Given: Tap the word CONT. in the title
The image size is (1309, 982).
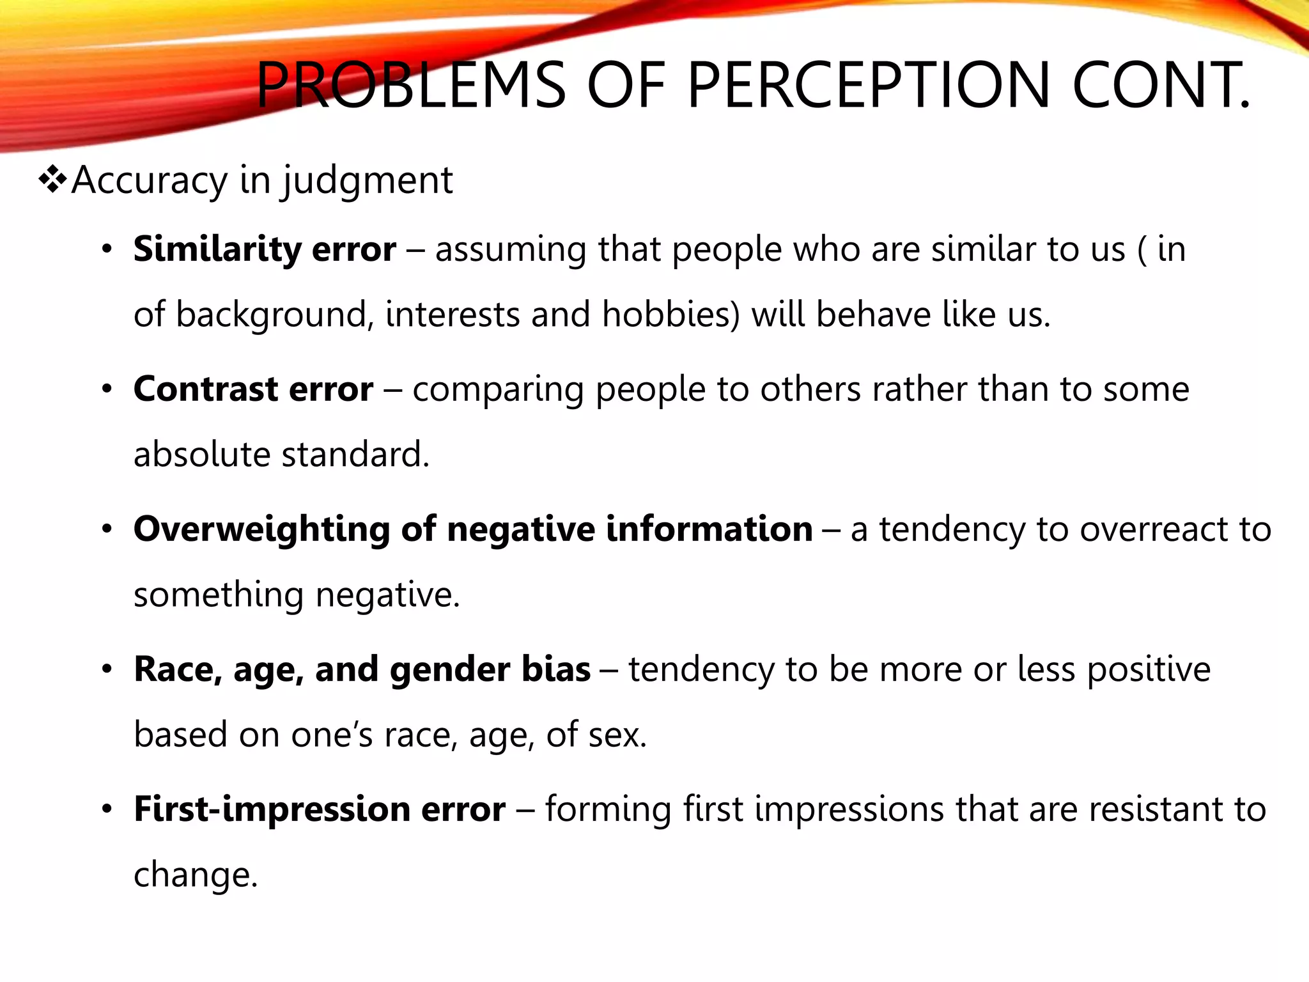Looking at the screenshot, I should pyautogui.click(x=1161, y=85).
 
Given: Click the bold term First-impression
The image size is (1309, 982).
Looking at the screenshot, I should pyautogui.click(x=272, y=809).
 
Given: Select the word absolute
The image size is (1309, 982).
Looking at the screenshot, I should pyautogui.click(x=202, y=455).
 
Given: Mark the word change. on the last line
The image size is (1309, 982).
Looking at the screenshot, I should pyautogui.click(x=196, y=875).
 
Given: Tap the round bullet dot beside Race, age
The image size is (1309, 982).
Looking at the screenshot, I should pyautogui.click(x=107, y=670).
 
